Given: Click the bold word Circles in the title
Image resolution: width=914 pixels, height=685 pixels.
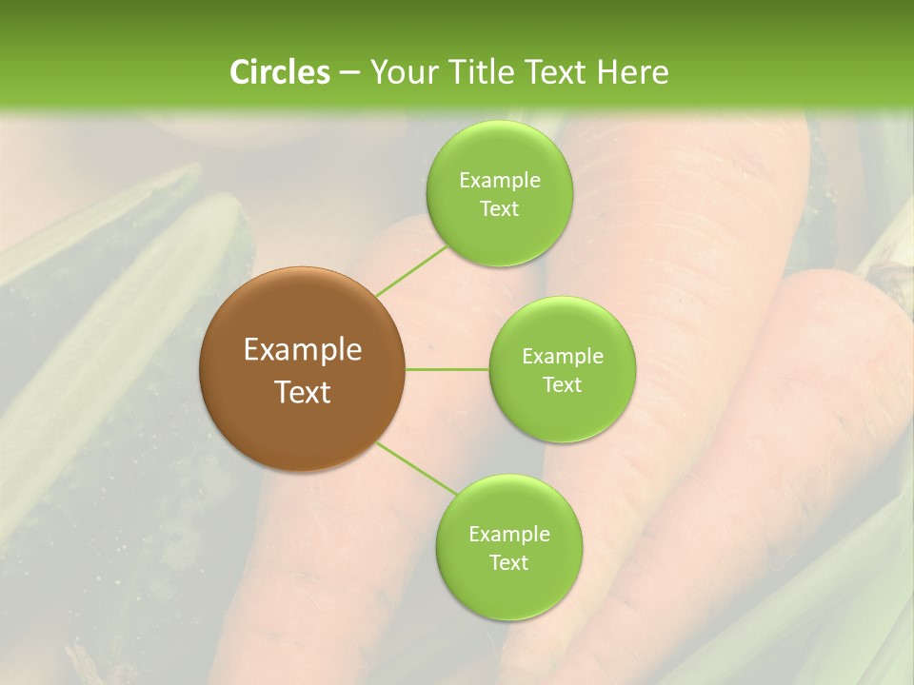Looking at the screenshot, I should click(x=279, y=72).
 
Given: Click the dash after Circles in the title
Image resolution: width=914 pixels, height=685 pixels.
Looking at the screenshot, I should click(x=348, y=73).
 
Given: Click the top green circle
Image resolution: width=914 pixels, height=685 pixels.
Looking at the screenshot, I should click(x=499, y=238).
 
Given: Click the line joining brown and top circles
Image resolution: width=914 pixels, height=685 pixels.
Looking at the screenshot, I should click(x=411, y=270).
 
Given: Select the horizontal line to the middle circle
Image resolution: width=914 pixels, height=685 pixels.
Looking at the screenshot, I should click(x=447, y=369).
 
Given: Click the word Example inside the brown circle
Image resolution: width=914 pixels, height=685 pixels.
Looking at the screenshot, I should click(x=303, y=350).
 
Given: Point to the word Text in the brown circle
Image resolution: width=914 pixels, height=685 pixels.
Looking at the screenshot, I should click(x=303, y=392).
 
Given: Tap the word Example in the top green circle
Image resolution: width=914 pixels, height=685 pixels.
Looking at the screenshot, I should click(x=499, y=181).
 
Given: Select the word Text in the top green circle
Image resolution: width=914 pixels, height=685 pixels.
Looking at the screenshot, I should click(x=499, y=209).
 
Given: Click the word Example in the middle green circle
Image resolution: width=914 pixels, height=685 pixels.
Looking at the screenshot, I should click(x=562, y=357).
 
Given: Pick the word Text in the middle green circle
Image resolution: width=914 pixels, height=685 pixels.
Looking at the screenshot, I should click(x=562, y=385).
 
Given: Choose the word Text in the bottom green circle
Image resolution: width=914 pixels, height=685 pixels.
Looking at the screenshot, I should click(x=508, y=563).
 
